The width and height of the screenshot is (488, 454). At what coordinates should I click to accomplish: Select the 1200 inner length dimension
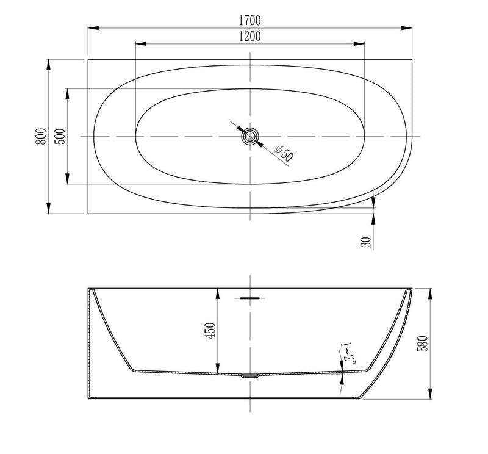(249, 36)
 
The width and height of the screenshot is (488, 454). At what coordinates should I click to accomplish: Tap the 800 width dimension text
(40, 136)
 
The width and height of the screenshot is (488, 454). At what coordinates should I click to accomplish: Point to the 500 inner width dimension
(60, 136)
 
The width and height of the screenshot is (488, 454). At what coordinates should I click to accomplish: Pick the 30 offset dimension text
(365, 242)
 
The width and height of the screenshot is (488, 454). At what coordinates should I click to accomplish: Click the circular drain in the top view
(251, 136)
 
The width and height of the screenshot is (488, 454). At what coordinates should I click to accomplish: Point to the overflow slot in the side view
(251, 298)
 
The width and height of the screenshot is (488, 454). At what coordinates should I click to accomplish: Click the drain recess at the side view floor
(251, 377)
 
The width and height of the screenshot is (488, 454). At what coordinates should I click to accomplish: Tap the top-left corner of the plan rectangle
(88, 59)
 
